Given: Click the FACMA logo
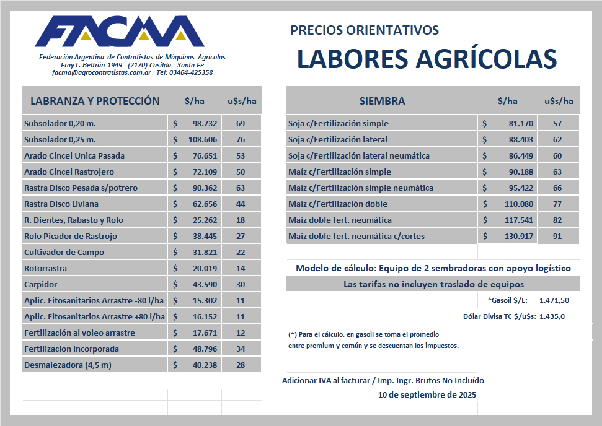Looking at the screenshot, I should click(120, 32).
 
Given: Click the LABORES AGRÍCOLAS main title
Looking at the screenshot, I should click(427, 59).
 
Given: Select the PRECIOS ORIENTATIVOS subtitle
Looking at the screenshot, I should click(365, 30).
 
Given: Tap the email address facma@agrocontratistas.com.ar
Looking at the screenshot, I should click(102, 72).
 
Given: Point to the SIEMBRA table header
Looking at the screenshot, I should click(382, 101).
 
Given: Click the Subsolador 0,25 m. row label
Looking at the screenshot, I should click(60, 139).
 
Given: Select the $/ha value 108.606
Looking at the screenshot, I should click(203, 139).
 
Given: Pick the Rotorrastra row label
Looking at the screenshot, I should click(45, 268).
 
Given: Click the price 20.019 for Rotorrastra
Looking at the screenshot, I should click(205, 268).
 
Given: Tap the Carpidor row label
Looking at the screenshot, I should click(40, 284).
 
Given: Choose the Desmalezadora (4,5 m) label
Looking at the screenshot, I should click(68, 365).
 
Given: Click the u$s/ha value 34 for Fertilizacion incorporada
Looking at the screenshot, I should click(241, 349).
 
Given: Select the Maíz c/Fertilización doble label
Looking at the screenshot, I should click(338, 204).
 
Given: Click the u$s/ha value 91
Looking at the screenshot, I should click(558, 236).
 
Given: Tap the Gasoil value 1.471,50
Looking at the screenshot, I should click(554, 300).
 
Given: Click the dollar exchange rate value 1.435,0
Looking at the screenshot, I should click(552, 316).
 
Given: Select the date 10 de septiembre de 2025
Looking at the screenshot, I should click(427, 394).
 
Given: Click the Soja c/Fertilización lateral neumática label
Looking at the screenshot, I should click(359, 155).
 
